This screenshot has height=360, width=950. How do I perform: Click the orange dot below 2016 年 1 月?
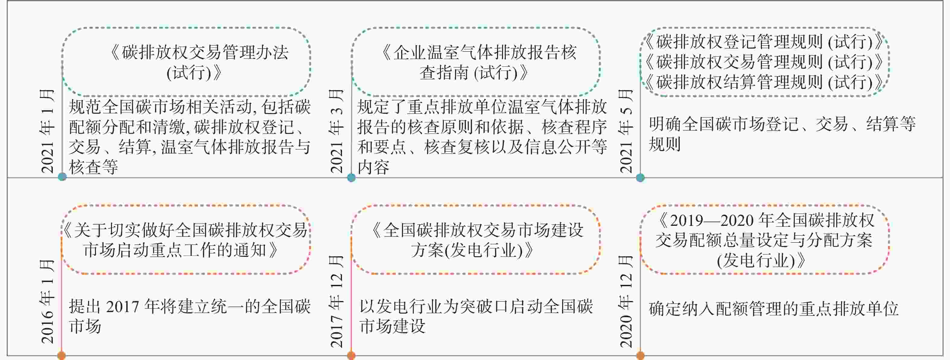[x=62, y=355]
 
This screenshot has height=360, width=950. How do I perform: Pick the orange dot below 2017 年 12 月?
[x=351, y=355]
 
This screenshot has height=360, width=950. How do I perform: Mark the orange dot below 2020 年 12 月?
[x=641, y=355]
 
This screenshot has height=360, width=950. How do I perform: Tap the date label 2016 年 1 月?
[x=48, y=302]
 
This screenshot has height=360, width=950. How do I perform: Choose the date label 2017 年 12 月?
[x=337, y=302]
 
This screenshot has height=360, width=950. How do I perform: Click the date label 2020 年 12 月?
[x=626, y=302]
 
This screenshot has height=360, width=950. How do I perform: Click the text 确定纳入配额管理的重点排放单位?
[x=773, y=309]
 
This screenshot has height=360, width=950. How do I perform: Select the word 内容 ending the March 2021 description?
[x=373, y=167]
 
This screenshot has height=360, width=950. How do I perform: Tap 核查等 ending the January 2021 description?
[x=93, y=167]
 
